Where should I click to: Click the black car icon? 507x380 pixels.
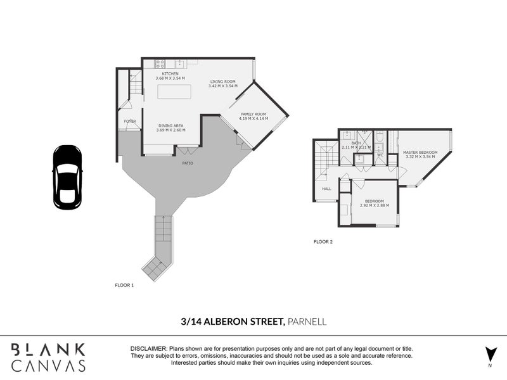(67, 177)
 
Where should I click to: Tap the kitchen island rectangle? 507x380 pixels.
(174, 91)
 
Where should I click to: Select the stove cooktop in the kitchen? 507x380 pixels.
(160, 63)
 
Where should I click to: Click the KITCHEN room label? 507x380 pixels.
(170, 74)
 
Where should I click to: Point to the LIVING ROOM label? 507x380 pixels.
(222, 82)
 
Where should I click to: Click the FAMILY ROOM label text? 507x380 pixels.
(253, 115)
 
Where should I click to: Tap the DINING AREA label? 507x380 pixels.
(170, 126)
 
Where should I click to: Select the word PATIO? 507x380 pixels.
(188, 163)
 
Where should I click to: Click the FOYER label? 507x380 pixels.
(130, 121)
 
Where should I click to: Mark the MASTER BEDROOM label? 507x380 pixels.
(420, 153)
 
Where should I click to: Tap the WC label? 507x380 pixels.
(380, 155)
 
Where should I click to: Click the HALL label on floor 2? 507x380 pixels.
(326, 188)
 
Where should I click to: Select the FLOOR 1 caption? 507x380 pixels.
(124, 285)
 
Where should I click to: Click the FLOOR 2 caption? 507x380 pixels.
(323, 241)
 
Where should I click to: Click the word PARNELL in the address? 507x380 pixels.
(307, 322)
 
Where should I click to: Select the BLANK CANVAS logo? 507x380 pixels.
(48, 357)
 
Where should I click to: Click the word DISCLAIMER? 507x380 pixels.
(148, 349)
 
